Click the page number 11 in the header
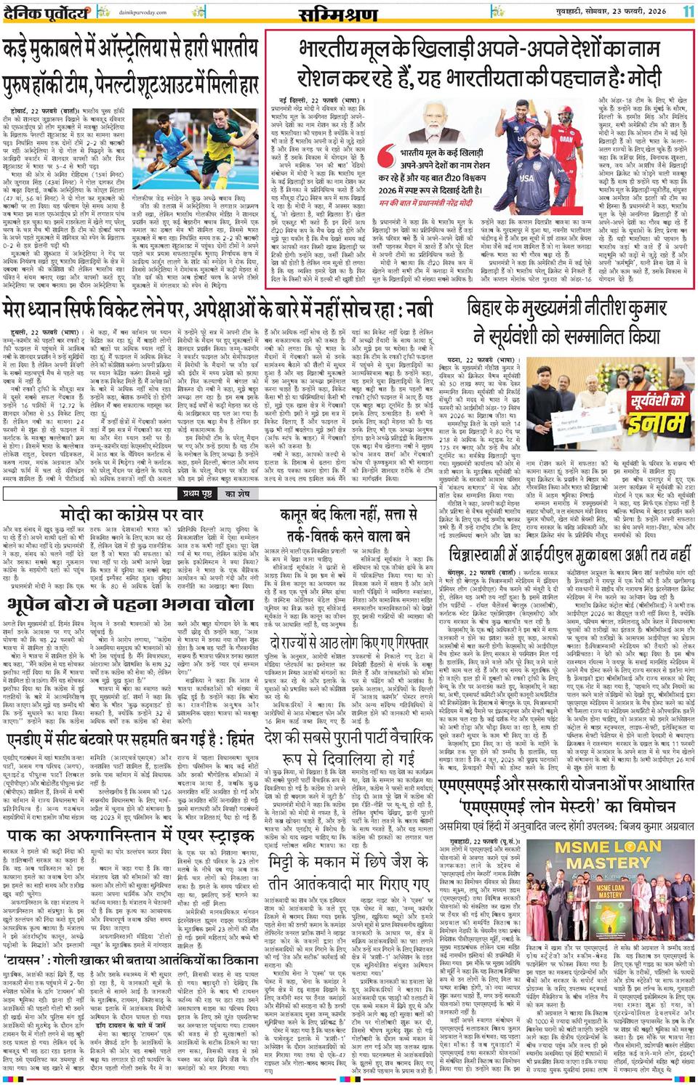(688, 12)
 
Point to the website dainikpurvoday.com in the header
(122, 13)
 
